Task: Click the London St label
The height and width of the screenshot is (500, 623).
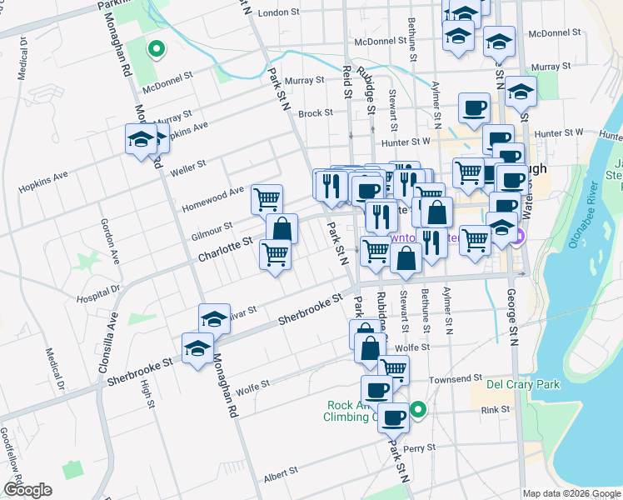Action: (x=278, y=12)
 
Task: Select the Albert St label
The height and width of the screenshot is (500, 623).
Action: (x=281, y=472)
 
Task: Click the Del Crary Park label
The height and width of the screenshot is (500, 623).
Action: (x=523, y=384)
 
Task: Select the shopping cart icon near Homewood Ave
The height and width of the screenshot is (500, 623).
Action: (x=267, y=198)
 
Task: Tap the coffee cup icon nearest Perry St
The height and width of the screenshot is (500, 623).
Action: (x=394, y=416)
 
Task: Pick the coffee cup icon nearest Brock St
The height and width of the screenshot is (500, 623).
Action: (x=475, y=107)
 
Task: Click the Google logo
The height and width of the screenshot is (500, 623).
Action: (x=27, y=490)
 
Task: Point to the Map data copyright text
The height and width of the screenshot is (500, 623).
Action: (x=571, y=493)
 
